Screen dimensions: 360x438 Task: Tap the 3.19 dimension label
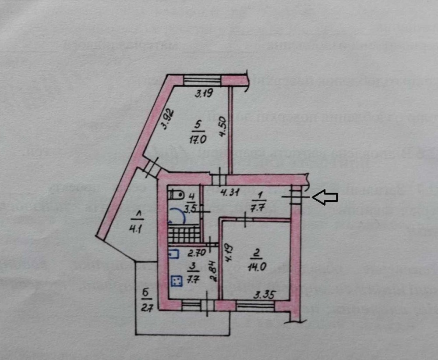pos(204,93)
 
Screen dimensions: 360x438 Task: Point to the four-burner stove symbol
pos(177,281)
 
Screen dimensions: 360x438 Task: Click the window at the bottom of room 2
pos(255,305)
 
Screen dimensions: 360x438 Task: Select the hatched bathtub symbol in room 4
pos(184,235)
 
